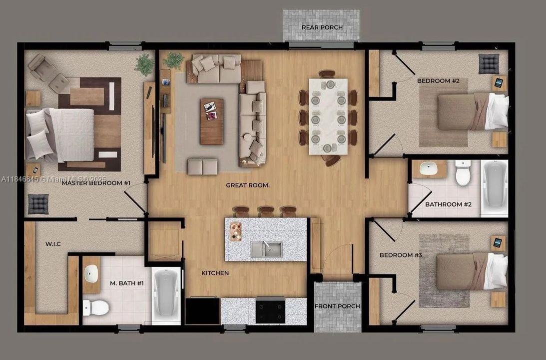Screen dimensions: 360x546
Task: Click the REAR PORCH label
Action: click(322, 27)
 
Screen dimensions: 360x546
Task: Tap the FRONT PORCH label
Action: click(337, 306)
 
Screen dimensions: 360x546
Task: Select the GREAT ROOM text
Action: click(248, 185)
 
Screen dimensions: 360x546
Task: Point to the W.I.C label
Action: click(53, 243)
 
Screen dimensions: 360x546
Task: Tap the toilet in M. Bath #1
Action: click(96, 307)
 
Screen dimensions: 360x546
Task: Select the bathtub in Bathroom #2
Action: click(495, 187)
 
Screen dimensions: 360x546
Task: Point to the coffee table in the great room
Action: click(212, 121)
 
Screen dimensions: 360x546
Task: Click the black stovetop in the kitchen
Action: click(270, 310)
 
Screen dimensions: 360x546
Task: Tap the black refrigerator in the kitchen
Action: click(202, 310)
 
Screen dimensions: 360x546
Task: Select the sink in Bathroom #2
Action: click(429, 168)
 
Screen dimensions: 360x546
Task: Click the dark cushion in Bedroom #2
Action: click(489, 64)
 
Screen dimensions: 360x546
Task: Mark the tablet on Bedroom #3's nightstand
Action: click(498, 242)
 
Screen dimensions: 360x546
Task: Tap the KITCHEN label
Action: click(215, 273)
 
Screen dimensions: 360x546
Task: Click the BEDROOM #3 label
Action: click(401, 255)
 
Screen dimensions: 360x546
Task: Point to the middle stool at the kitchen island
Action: click(266, 211)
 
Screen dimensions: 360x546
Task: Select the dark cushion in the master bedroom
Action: click(38, 204)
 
